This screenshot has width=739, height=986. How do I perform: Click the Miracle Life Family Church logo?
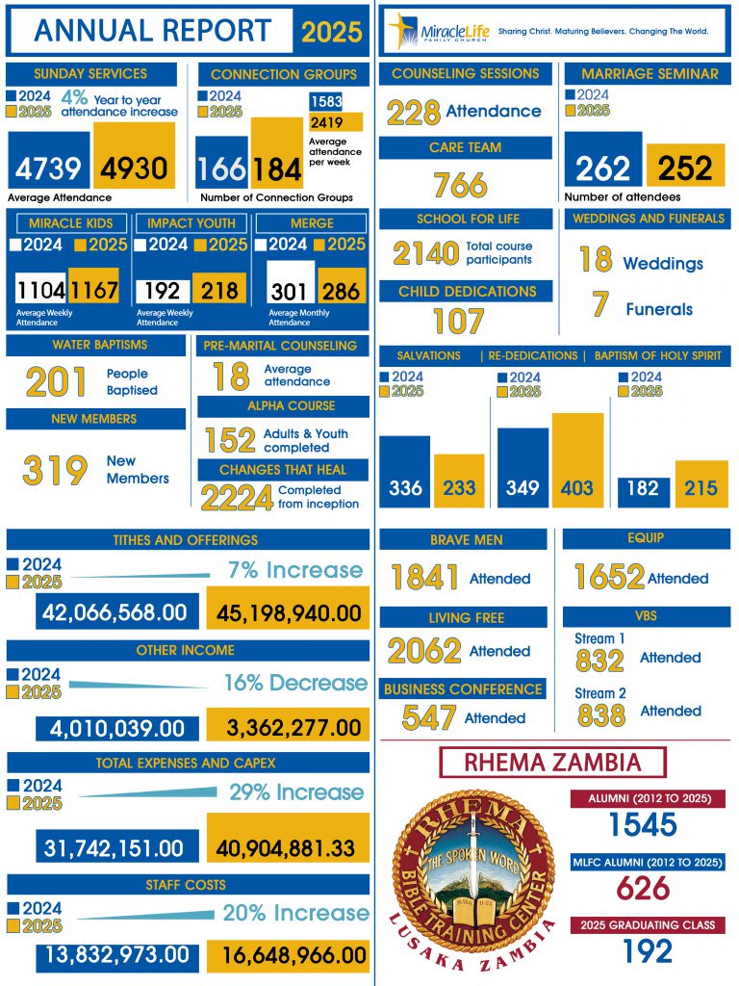click(x=438, y=32)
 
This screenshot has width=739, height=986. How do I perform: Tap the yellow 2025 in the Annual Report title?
click(x=332, y=32)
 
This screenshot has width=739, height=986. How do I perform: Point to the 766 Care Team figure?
click(x=460, y=185)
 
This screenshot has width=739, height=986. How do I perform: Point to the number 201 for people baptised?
click(x=57, y=382)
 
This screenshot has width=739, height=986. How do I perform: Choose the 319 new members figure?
click(x=56, y=471)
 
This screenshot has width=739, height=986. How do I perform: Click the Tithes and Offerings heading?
click(x=186, y=540)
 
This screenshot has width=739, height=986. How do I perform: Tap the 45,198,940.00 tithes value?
click(x=288, y=612)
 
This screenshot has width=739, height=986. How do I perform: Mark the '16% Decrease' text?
click(x=295, y=683)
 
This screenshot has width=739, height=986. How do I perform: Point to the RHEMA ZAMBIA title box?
click(x=551, y=763)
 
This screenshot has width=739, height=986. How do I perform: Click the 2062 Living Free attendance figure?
click(x=424, y=652)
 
